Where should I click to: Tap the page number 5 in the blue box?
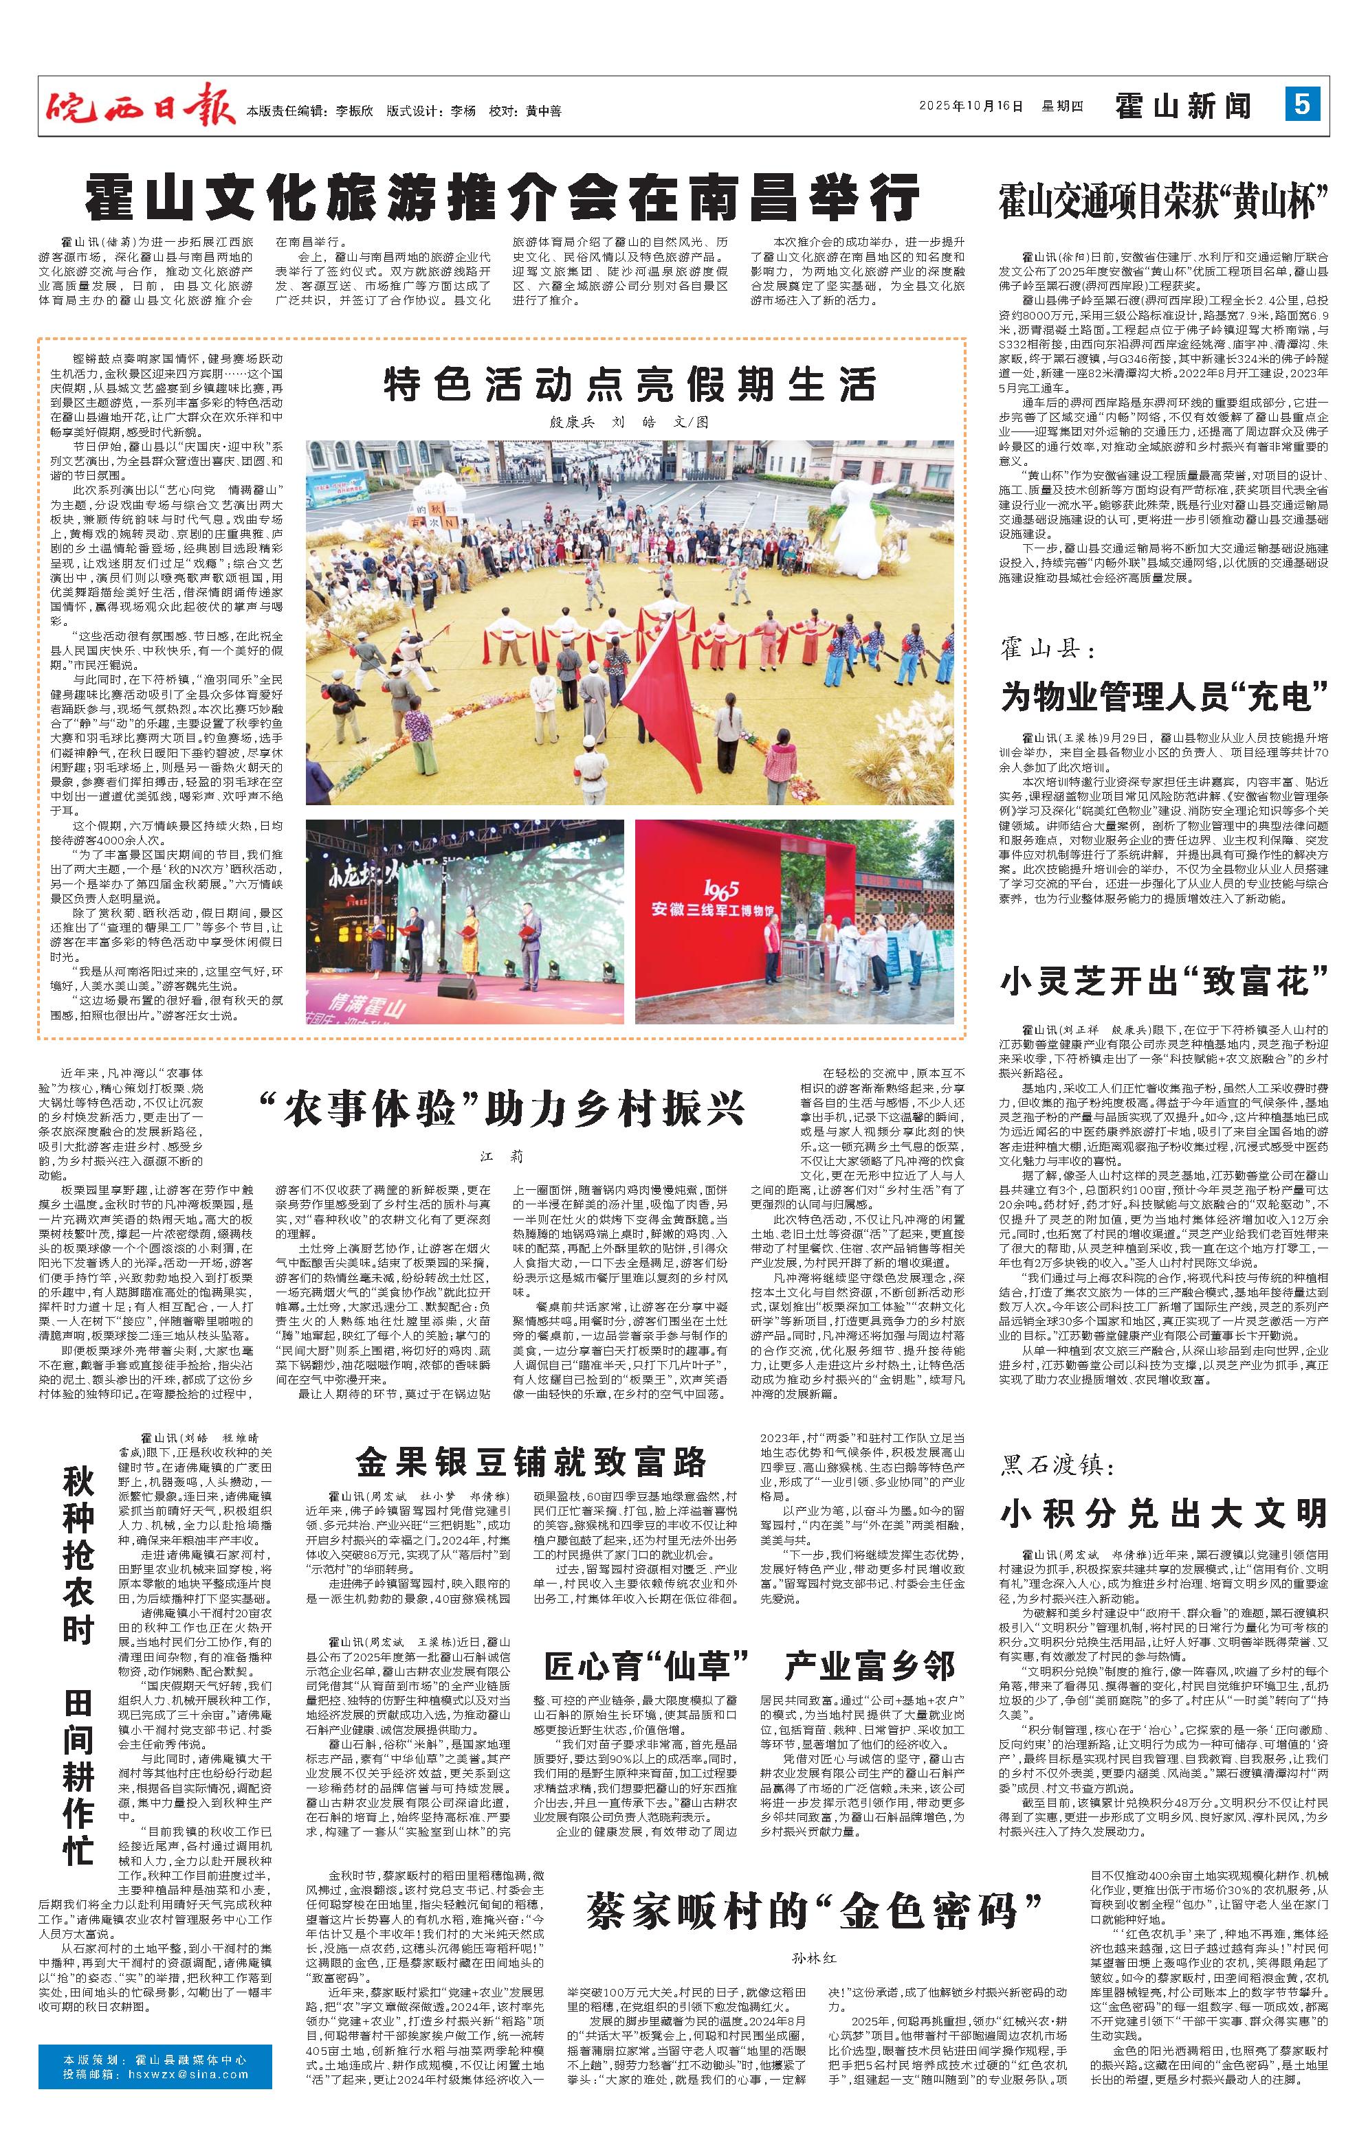click(x=1301, y=104)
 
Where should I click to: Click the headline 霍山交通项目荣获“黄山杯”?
click(x=1163, y=200)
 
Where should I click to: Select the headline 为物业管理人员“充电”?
click(x=1163, y=697)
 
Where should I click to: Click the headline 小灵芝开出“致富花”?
click(x=1163, y=981)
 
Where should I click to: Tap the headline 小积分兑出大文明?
click(x=1163, y=1512)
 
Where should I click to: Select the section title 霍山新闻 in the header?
click(x=1184, y=106)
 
